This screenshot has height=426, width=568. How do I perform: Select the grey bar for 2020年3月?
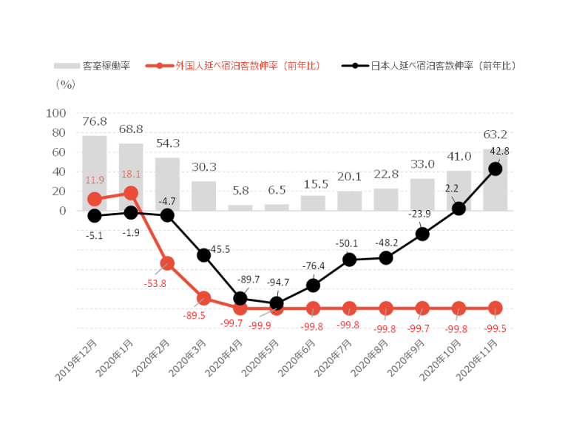(x=203, y=195)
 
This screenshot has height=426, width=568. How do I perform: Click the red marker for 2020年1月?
(x=131, y=193)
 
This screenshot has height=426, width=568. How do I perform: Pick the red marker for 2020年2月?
(x=167, y=263)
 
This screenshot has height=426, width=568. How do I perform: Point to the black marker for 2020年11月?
(x=496, y=169)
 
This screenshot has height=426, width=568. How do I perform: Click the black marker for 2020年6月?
(x=313, y=285)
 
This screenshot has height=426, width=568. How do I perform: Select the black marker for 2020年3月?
(x=203, y=255)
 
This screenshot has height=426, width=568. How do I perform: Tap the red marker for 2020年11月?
(x=496, y=308)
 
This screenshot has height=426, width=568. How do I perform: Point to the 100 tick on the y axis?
(x=56, y=113)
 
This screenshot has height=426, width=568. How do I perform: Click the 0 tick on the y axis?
(x=62, y=211)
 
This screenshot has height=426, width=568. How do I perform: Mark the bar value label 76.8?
(x=94, y=121)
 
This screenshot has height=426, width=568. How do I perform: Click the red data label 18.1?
(x=130, y=175)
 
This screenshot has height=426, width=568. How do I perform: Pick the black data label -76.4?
(x=313, y=266)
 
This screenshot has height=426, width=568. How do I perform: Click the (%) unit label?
(x=65, y=84)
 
